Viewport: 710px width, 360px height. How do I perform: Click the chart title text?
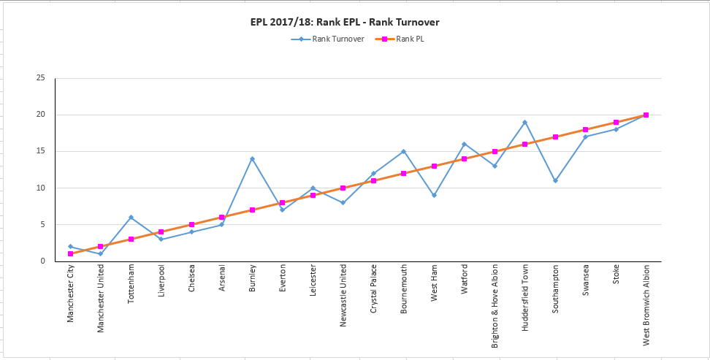(344, 22)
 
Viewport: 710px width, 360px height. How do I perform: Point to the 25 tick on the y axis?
(41, 78)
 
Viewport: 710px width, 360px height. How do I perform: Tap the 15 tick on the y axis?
(41, 151)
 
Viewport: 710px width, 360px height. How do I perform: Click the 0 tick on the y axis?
(44, 261)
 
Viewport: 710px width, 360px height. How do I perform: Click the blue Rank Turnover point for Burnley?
(252, 158)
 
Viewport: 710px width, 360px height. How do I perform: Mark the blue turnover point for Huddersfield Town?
(524, 122)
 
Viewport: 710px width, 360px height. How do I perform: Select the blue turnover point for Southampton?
(555, 180)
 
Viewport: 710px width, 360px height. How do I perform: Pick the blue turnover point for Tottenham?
(131, 217)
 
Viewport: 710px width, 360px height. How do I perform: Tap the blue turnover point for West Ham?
(434, 195)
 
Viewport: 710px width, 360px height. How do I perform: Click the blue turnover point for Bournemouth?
(403, 151)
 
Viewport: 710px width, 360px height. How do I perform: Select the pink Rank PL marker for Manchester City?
(70, 253)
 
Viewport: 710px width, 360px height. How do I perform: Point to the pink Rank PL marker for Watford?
(464, 158)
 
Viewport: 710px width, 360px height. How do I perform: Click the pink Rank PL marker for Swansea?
(585, 129)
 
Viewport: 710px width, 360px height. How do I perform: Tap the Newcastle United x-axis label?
(343, 296)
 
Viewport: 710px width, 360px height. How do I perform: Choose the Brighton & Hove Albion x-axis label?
(495, 305)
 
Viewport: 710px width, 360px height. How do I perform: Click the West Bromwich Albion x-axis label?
(646, 306)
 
